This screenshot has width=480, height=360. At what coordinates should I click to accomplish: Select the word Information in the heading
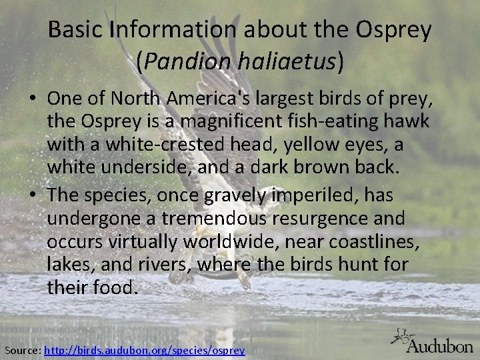click(173, 29)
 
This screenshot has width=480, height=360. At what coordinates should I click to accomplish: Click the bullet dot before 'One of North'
click(32, 99)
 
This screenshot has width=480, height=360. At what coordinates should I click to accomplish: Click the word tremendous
click(206, 219)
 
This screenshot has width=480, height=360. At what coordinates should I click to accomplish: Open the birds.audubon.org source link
click(144, 350)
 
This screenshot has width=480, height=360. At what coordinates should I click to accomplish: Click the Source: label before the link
click(22, 350)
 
